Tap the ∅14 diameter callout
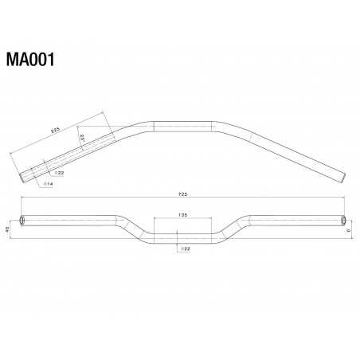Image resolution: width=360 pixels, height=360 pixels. point(48,184)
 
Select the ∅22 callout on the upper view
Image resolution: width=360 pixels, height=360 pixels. point(59,172)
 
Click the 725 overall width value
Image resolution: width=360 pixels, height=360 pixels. point(184,194)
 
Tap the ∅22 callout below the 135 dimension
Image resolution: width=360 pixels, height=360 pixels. point(184,249)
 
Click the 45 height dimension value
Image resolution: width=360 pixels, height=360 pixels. point(8,229)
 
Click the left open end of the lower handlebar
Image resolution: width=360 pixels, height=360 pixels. point(22,219)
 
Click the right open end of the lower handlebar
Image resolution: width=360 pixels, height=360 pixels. point(344,219)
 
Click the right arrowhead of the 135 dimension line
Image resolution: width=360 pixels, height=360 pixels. point(212,219)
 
